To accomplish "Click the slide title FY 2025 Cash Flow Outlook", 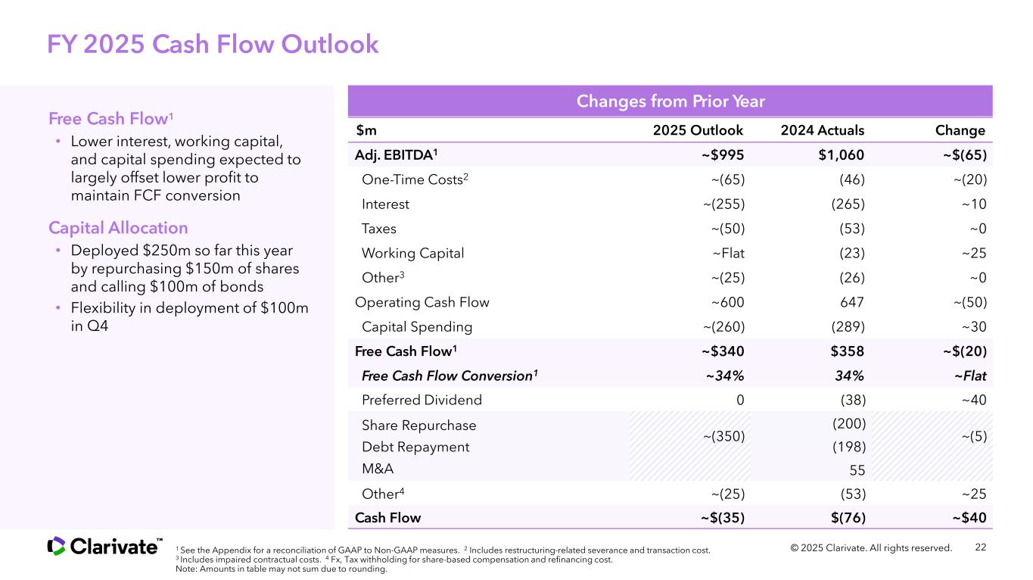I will coord(213,45).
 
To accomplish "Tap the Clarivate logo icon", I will coord(56,546).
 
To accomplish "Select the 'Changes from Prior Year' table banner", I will coord(671,101).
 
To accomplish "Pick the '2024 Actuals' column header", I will coord(822,130).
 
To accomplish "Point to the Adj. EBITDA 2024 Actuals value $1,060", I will coord(839,154).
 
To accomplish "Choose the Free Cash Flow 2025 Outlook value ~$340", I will coord(723,351).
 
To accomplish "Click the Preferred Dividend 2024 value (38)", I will coord(853,400).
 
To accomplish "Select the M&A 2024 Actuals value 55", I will coord(857,470).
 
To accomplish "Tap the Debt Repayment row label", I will coord(415,447).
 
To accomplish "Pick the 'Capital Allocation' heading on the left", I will coord(118,228).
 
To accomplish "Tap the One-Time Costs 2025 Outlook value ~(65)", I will coord(727,179).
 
